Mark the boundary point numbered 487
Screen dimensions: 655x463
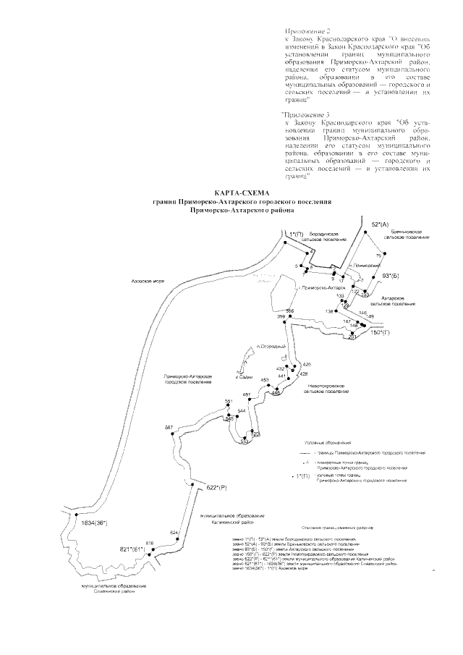click(247, 394)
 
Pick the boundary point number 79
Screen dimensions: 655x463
click(378, 257)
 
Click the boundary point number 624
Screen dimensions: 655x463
click(174, 533)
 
